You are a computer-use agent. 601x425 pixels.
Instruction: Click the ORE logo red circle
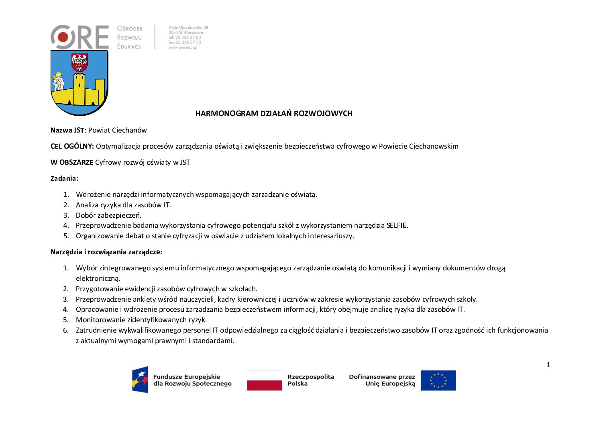(x=63, y=37)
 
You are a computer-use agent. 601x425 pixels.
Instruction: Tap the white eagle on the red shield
(x=79, y=62)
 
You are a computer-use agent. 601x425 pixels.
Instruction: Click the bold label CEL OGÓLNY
(x=72, y=146)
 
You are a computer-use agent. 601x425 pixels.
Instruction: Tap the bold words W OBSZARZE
(x=72, y=162)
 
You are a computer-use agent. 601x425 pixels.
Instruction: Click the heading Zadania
(x=64, y=178)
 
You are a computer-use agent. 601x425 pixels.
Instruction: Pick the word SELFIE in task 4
(x=397, y=225)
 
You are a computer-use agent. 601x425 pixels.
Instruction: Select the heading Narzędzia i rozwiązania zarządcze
(x=106, y=252)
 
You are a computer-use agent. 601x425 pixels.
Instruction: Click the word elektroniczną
(x=98, y=278)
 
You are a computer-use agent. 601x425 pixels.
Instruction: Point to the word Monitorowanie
(x=98, y=320)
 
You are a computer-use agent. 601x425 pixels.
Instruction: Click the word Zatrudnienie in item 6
(x=96, y=330)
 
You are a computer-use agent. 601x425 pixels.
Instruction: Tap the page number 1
(x=548, y=365)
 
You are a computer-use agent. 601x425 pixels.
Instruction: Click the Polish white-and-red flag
(x=264, y=380)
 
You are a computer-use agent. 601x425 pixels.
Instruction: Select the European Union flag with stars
(x=438, y=380)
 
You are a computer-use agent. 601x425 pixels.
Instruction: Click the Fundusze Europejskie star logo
(x=140, y=380)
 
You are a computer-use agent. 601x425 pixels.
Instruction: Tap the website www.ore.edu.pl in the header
(x=183, y=47)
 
